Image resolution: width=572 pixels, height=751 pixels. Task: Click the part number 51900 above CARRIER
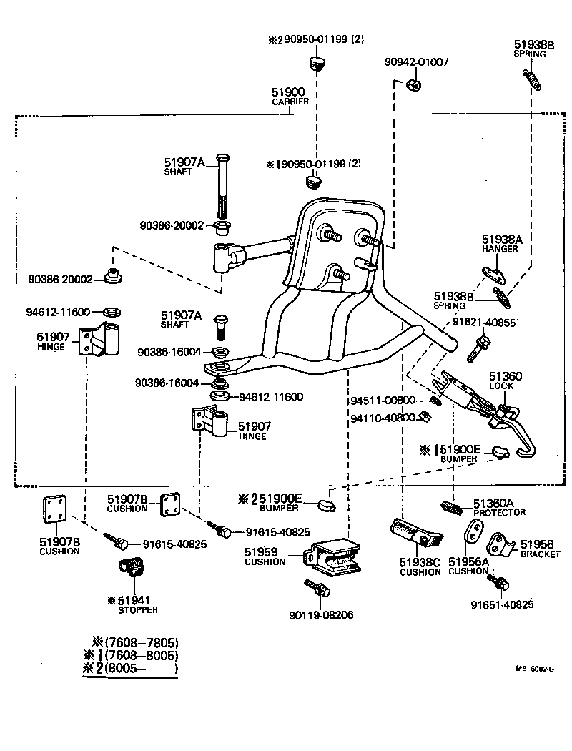click(288, 92)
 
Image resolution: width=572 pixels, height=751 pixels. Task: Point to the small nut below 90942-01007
click(413, 86)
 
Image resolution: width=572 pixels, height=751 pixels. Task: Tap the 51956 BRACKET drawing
click(500, 546)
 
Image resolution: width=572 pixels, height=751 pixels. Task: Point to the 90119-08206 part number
click(321, 614)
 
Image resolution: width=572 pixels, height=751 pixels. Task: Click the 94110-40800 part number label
click(383, 417)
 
